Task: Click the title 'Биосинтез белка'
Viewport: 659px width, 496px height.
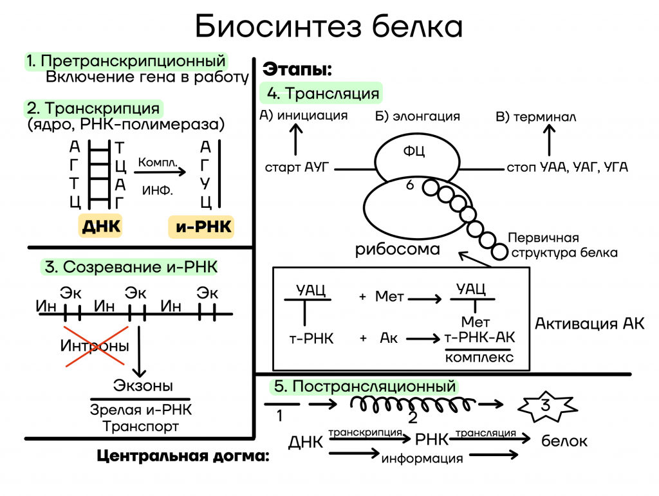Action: [x=329, y=26]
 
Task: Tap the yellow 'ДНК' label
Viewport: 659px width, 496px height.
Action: [x=100, y=226]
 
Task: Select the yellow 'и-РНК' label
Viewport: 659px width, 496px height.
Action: [x=201, y=227]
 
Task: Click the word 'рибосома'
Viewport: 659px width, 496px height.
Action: [x=398, y=250]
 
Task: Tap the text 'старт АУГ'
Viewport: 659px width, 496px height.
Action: [x=297, y=167]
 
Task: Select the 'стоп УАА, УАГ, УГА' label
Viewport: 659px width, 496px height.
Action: [x=568, y=167]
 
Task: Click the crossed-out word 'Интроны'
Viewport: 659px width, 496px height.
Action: [x=95, y=345]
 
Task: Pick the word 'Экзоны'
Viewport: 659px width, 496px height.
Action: [x=143, y=385]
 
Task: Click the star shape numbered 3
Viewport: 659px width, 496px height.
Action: [x=547, y=407]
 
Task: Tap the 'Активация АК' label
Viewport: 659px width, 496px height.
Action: [x=589, y=324]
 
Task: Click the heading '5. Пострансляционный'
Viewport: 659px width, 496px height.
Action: [x=364, y=387]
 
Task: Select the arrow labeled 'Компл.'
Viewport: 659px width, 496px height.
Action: [x=160, y=171]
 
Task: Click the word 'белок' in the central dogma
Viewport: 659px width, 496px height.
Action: [x=564, y=441]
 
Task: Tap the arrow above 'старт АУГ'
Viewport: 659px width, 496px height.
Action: [x=296, y=140]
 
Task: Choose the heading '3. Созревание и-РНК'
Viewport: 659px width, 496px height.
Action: [x=130, y=267]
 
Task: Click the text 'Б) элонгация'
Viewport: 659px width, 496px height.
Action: [x=417, y=116]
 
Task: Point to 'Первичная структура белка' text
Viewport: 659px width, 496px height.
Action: [x=562, y=245]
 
